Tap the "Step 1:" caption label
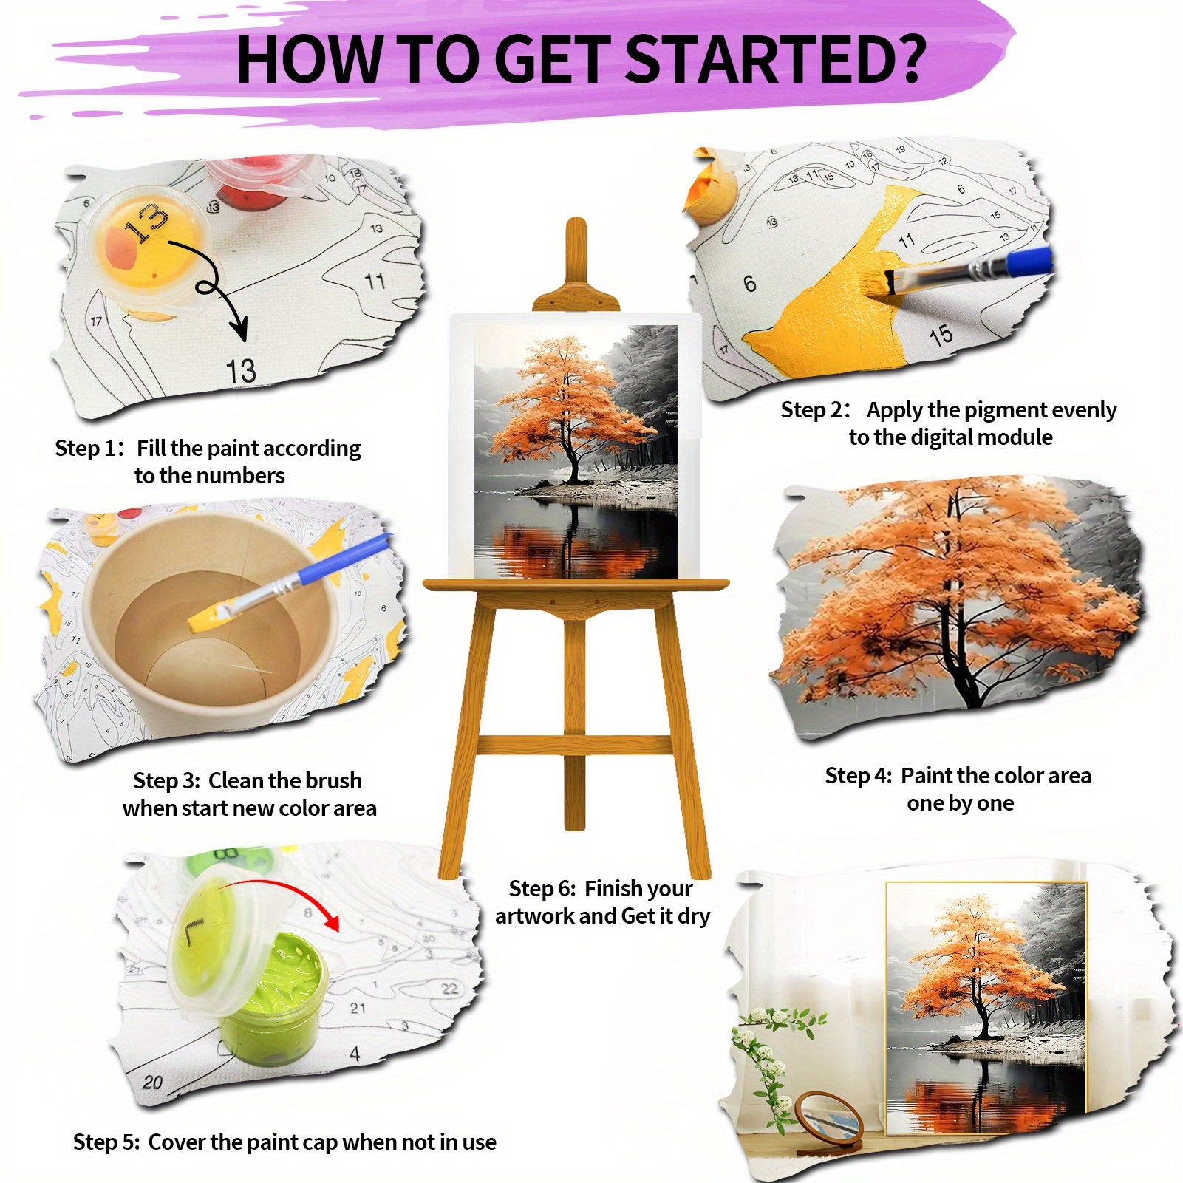point(87,449)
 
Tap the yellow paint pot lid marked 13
point(148,244)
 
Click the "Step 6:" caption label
point(542,888)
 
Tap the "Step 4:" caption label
point(859,776)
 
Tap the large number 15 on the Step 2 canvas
point(941,336)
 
